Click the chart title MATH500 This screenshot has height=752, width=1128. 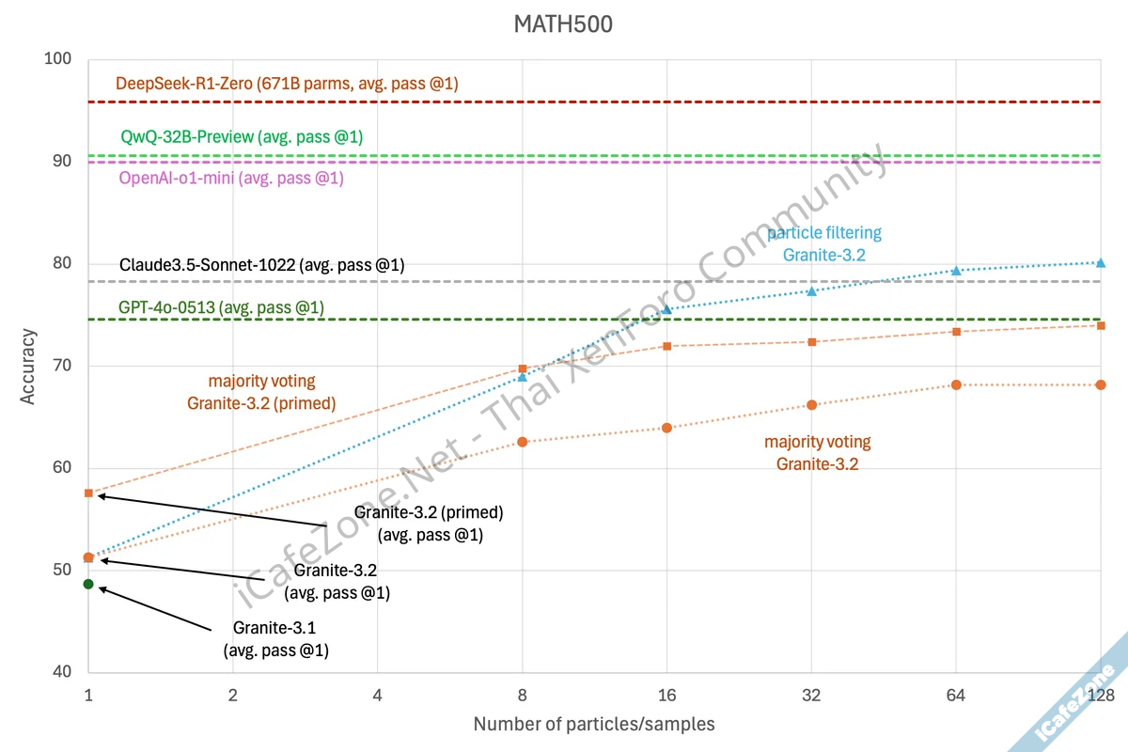(563, 24)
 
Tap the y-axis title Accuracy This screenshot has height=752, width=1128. (28, 366)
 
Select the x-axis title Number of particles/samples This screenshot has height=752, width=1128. (593, 724)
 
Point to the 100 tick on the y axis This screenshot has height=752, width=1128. (58, 59)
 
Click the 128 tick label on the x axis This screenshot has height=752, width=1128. (1100, 696)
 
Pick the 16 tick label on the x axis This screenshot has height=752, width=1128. (667, 696)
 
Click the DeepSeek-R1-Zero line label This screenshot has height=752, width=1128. (287, 84)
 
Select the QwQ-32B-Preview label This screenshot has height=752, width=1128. (242, 137)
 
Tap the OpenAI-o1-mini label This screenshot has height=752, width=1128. (231, 178)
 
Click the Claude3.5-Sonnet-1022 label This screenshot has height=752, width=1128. (261, 265)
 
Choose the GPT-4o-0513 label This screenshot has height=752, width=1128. (221, 307)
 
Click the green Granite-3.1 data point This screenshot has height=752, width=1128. (88, 584)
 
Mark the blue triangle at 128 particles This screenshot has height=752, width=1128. (1101, 263)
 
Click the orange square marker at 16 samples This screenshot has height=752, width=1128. (667, 346)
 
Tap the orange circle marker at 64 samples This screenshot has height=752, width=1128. (956, 384)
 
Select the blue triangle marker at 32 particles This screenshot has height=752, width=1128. (812, 291)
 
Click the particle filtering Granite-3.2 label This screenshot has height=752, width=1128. (824, 243)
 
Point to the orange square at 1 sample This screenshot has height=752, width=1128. (88, 493)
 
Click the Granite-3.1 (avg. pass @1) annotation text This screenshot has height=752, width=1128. (275, 639)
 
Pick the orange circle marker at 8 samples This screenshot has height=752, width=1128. (523, 442)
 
